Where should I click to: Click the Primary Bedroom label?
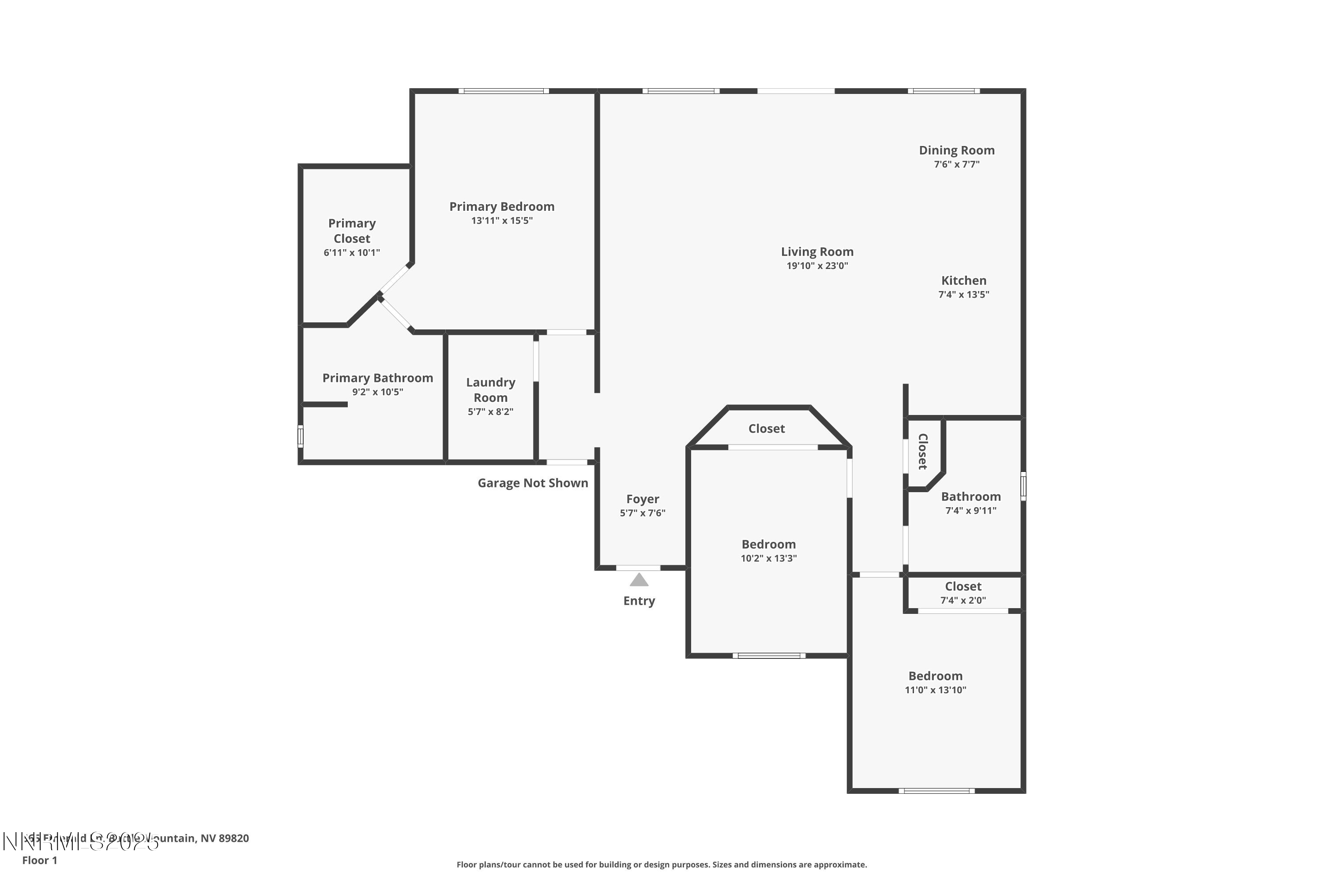coord(501,206)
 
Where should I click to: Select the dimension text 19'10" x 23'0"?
coord(817,266)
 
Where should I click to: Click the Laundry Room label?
coord(490,390)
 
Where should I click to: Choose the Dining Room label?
coord(956,150)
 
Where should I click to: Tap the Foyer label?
coord(642,499)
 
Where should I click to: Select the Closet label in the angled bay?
coord(766,429)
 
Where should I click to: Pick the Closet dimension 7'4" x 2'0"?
coord(963,601)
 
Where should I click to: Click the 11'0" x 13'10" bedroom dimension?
coord(935,690)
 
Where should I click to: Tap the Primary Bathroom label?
coord(377,378)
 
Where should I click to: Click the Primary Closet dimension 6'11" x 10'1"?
coord(351,253)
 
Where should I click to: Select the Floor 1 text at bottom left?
coord(39,860)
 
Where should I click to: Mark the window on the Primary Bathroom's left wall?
coord(301,437)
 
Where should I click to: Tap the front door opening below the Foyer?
coord(638,568)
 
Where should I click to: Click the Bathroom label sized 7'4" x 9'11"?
coord(970,497)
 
